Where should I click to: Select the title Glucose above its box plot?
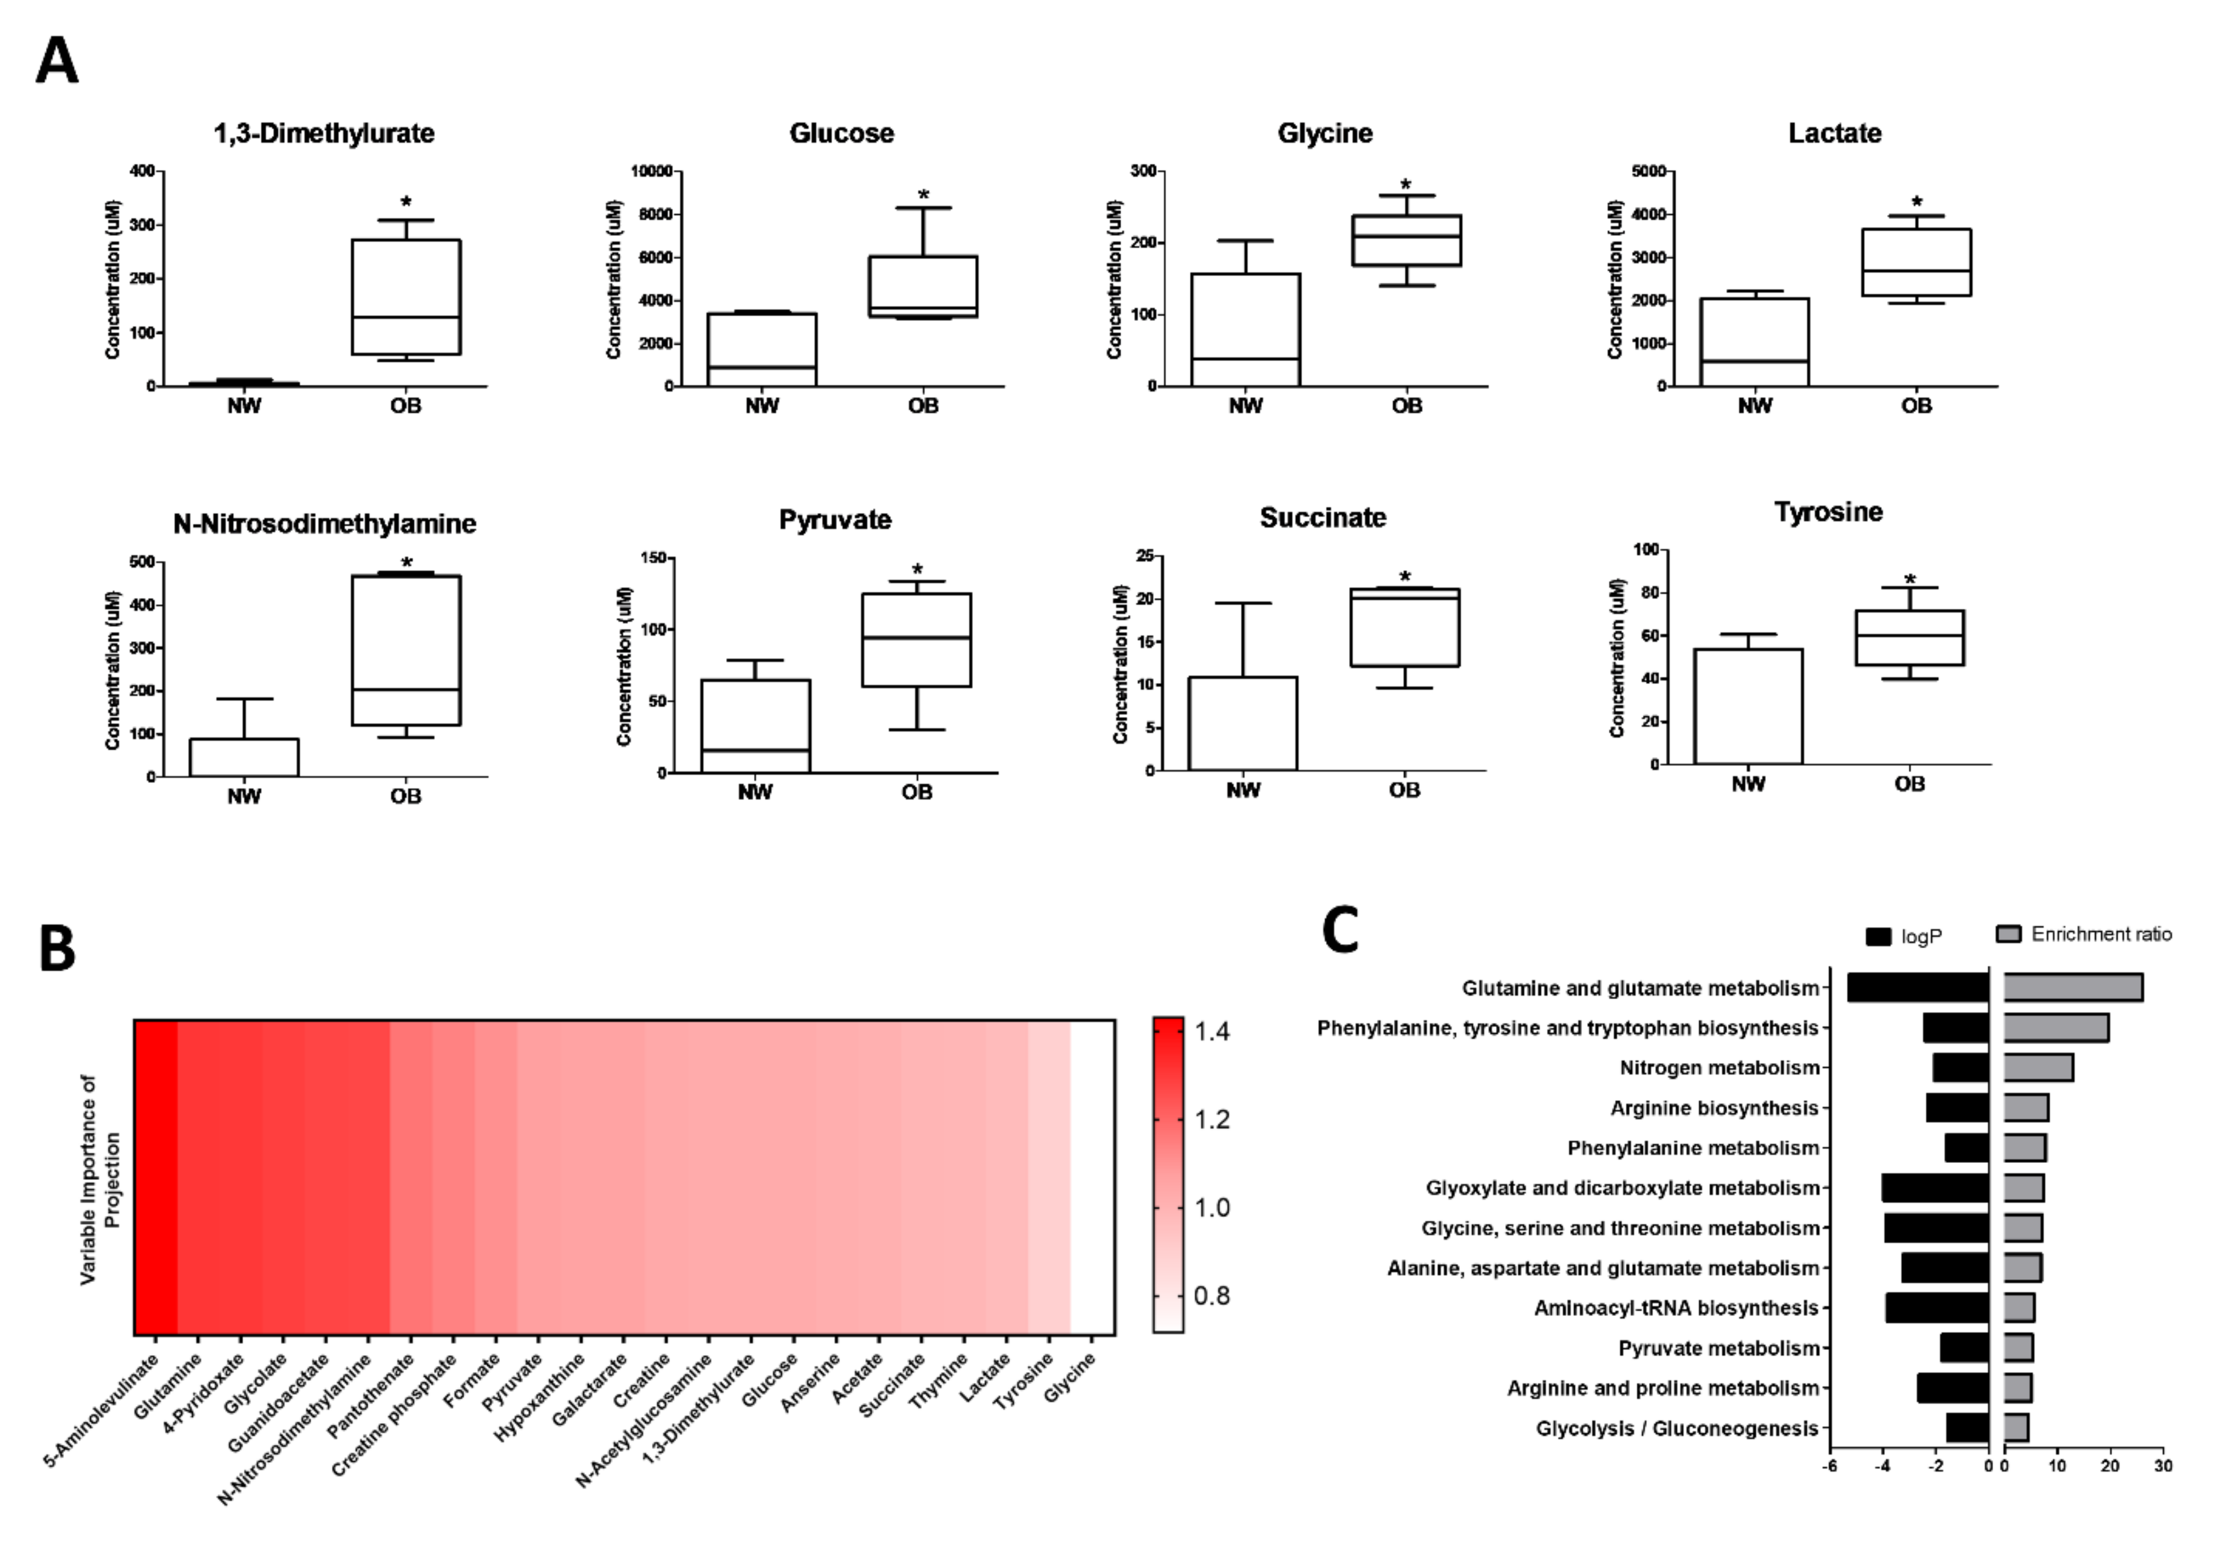pos(841,133)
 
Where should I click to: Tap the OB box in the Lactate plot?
pos(1916,262)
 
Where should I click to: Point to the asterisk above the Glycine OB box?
pos(1406,184)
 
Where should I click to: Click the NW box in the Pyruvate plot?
pos(755,725)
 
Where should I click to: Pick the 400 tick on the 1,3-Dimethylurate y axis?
pos(142,171)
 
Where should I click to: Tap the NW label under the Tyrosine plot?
pos(1748,784)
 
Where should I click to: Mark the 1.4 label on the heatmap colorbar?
pos(1212,1031)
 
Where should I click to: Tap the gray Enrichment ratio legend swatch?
pos(2008,933)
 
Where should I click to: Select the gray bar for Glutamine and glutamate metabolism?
pos(2072,988)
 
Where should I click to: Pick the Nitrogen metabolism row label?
pos(1719,1068)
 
